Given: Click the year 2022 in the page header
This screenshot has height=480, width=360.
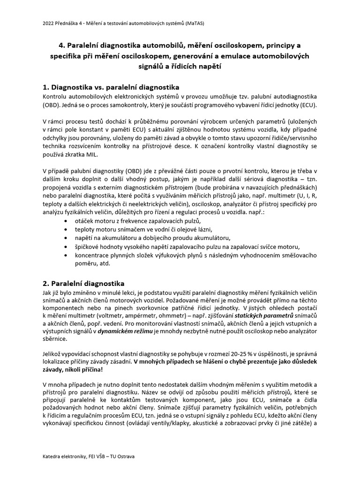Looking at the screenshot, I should pyautogui.click(x=48, y=22).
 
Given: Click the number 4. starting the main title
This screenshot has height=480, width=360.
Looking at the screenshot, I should pyautogui.click(x=62, y=45).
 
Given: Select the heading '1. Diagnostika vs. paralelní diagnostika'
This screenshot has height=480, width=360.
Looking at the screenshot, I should pyautogui.click(x=111, y=87).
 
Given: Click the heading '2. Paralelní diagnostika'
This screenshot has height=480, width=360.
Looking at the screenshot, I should pyautogui.click(x=83, y=284).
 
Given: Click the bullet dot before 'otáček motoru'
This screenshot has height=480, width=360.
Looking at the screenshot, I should pyautogui.click(x=64, y=221).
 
